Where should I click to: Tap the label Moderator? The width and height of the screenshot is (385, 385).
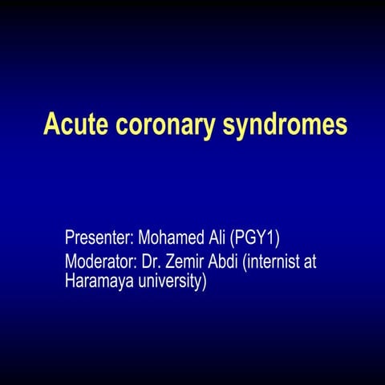[x=102, y=261]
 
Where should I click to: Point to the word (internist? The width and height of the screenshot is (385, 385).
[x=278, y=261]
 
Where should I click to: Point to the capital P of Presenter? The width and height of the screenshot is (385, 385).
[x=70, y=238]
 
